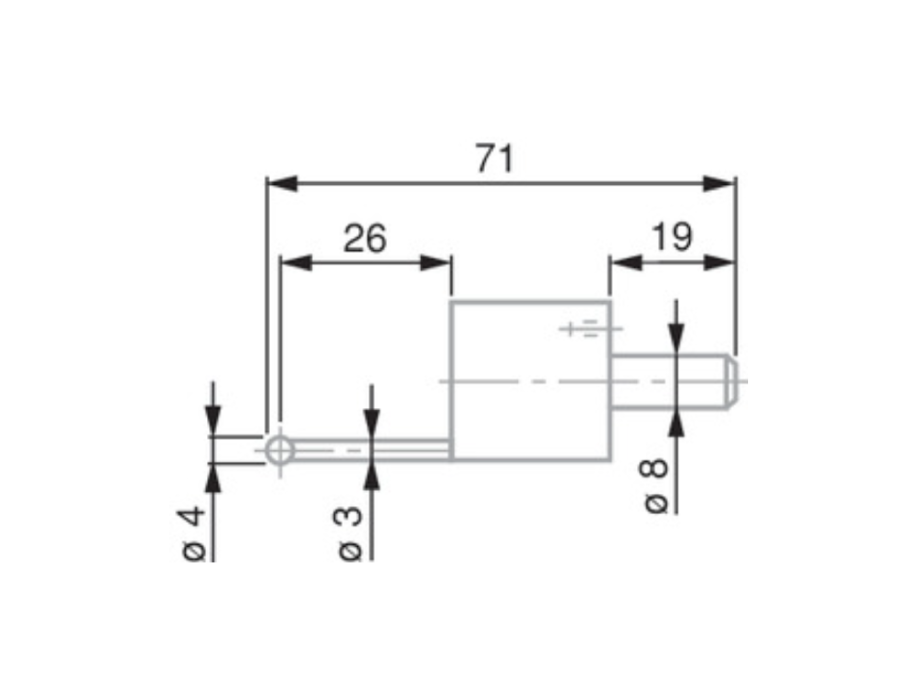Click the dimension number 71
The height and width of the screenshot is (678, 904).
[494, 159]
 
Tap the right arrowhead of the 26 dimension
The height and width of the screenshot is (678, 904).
[435, 263]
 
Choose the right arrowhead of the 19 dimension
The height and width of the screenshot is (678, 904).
[719, 262]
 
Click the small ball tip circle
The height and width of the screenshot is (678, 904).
[280, 451]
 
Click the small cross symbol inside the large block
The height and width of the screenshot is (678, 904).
[570, 328]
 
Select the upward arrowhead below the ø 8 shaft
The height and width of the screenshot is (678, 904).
[676, 424]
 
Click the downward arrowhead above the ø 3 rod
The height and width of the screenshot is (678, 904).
[371, 422]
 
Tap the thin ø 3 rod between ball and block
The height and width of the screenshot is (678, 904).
[368, 451]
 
